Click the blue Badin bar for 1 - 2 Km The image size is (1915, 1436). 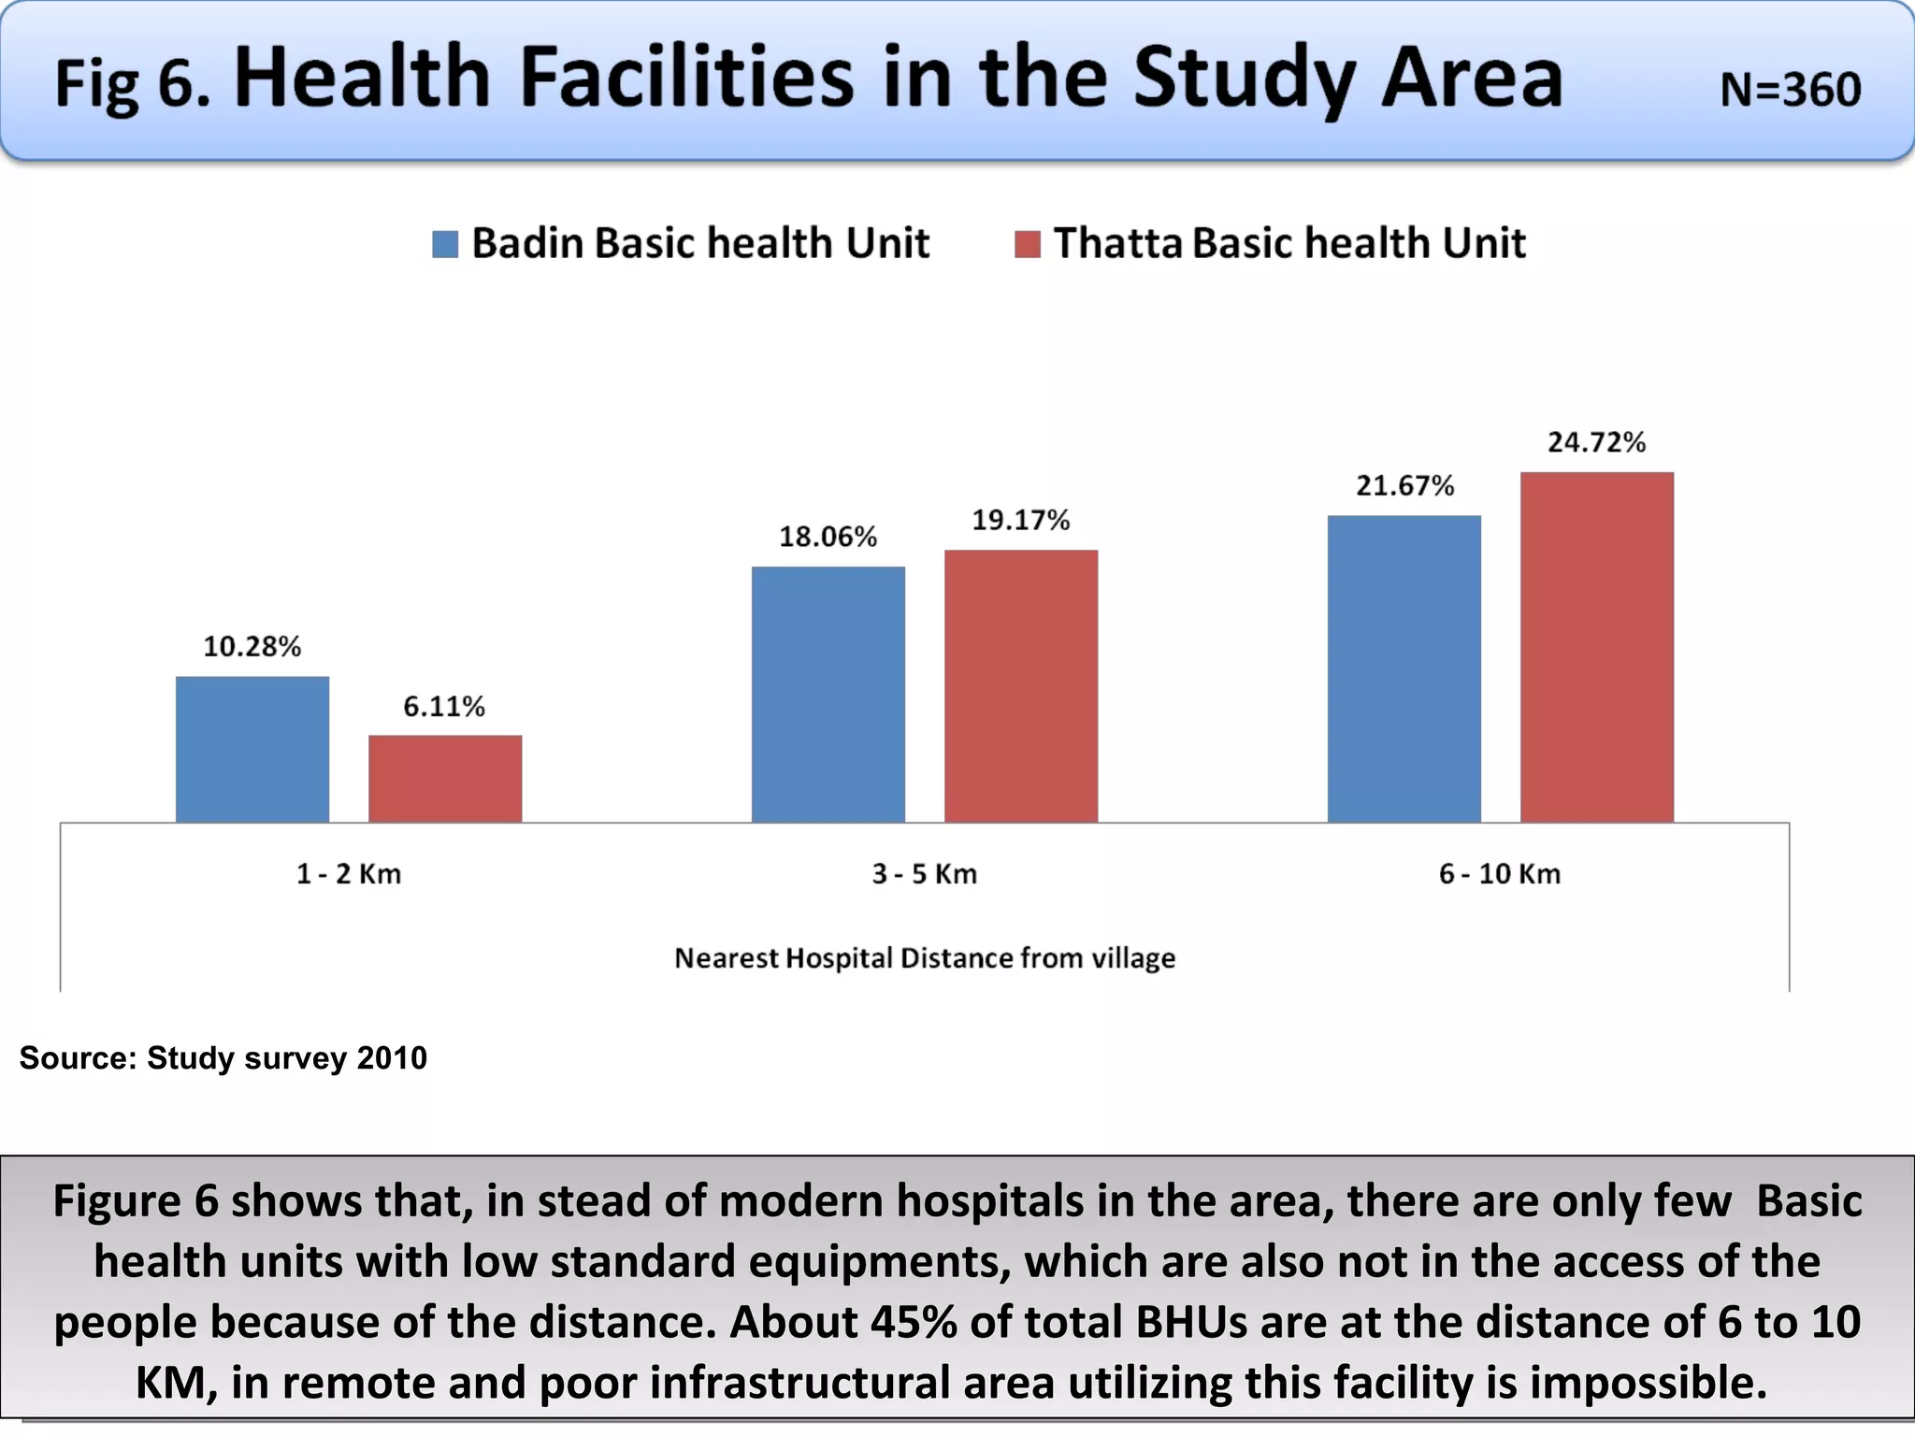[252, 749]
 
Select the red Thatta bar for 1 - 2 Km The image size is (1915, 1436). [445, 779]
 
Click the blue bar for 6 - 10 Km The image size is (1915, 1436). [1404, 668]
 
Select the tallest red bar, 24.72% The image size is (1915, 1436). [1597, 647]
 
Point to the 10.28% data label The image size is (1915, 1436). [252, 646]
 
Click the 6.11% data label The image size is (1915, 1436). [444, 706]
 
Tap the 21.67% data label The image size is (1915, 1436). [1404, 485]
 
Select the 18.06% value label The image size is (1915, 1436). [828, 537]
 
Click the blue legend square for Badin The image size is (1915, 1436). [445, 244]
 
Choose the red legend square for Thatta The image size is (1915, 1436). [1028, 244]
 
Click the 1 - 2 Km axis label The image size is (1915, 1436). [349, 874]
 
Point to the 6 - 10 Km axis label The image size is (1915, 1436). [1500, 874]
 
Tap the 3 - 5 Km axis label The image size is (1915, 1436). [925, 874]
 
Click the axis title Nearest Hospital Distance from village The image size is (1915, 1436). [925, 957]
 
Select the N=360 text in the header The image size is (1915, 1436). [1790, 90]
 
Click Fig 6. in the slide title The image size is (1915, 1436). [132, 84]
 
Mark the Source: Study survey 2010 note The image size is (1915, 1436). [223, 1057]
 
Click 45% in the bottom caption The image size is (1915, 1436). [914, 1322]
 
